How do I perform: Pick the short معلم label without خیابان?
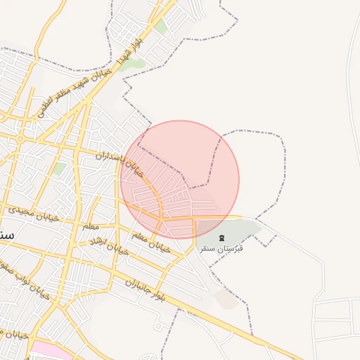pyautogui.click(x=91, y=226)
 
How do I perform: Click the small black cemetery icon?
pyautogui.click(x=222, y=237)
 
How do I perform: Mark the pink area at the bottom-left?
pyautogui.click(x=49, y=349)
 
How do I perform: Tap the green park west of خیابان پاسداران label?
pyautogui.click(x=60, y=169)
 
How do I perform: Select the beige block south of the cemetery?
pyautogui.click(x=227, y=298)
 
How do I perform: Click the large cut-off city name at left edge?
pyautogui.click(x=6, y=234)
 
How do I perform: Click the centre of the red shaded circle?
pyautogui.click(x=180, y=179)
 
